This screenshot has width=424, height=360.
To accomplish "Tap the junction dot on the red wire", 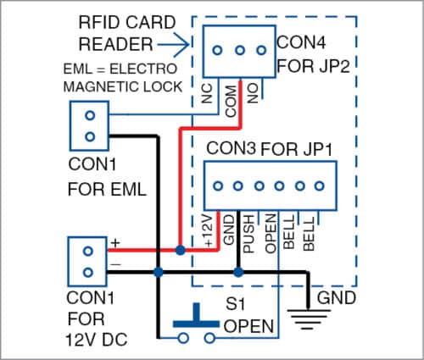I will [x=181, y=251].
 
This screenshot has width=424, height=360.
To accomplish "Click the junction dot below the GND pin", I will [x=238, y=273].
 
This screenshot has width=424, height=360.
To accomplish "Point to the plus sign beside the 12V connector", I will [x=114, y=242].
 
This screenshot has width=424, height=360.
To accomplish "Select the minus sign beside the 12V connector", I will [x=114, y=264].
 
